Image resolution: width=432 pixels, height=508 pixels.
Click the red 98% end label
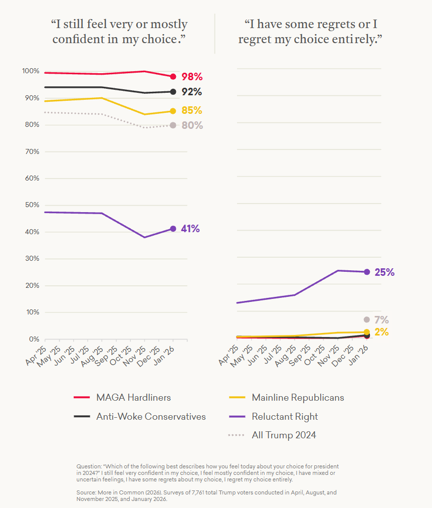pos(192,77)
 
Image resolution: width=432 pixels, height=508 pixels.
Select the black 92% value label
pos(192,92)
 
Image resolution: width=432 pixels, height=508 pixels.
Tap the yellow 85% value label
pos(192,110)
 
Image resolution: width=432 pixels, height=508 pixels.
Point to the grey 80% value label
pos(192,125)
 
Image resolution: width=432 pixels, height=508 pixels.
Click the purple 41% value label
pos(190,229)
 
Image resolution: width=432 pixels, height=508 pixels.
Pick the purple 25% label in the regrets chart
pos(384,272)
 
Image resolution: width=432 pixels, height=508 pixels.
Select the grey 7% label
pos(381,320)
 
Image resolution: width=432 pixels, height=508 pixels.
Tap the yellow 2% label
pos(381,332)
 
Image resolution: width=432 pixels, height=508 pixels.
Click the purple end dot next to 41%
pos(173,229)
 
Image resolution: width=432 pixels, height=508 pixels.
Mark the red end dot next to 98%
pos(173,77)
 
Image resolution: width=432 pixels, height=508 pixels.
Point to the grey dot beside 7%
pos(366,320)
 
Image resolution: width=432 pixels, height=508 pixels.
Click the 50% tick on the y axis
pos(32,205)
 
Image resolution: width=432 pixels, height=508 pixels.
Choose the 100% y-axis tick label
pos(31,71)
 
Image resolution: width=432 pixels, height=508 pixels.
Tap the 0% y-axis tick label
pos(34,339)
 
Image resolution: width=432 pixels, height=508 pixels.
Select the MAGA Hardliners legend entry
pos(122,398)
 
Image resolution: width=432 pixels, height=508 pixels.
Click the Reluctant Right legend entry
pos(273,416)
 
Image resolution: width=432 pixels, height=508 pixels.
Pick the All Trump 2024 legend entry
pos(272,435)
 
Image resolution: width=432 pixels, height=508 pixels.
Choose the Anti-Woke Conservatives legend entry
pos(140,416)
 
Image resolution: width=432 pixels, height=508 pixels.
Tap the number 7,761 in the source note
pos(198,492)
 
